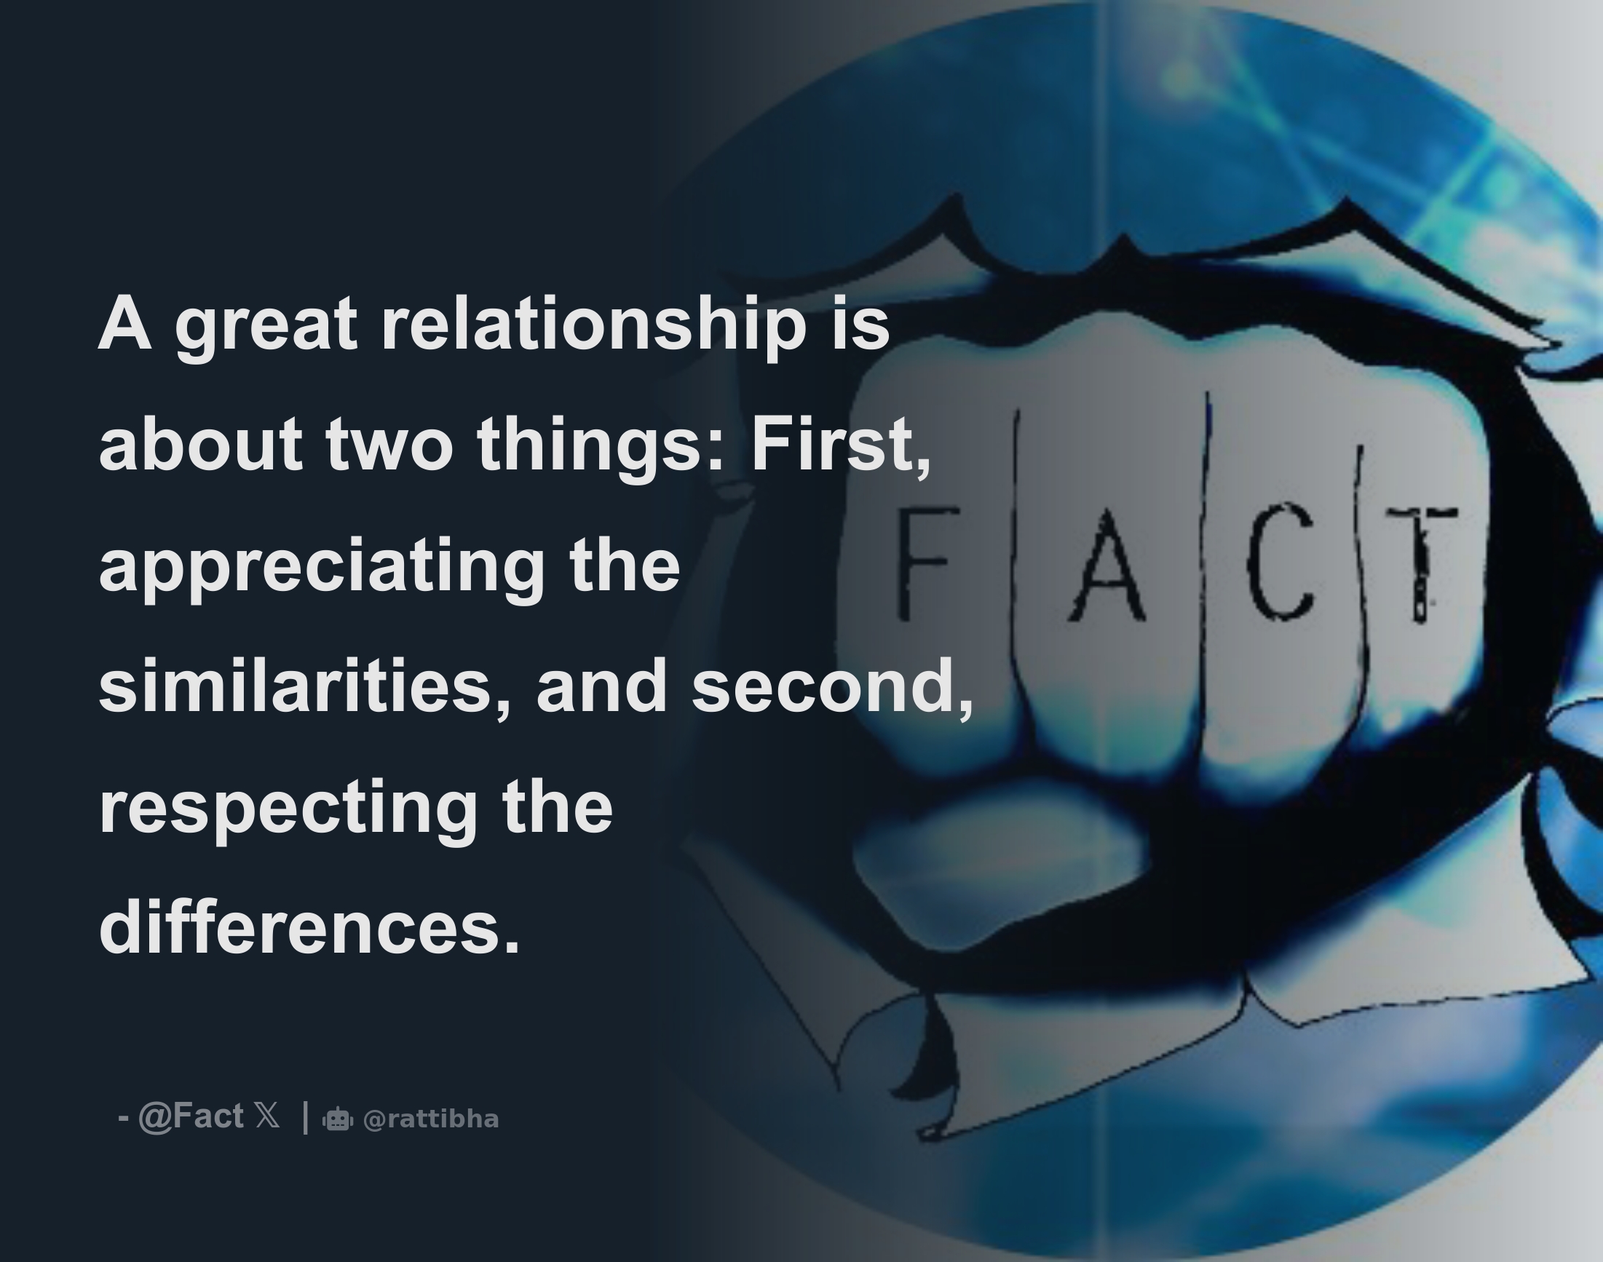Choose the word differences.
[309, 928]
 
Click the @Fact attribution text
[190, 1116]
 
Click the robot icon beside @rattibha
[338, 1119]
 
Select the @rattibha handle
[432, 1119]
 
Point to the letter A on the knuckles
[1107, 565]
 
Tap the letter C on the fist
[1280, 562]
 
